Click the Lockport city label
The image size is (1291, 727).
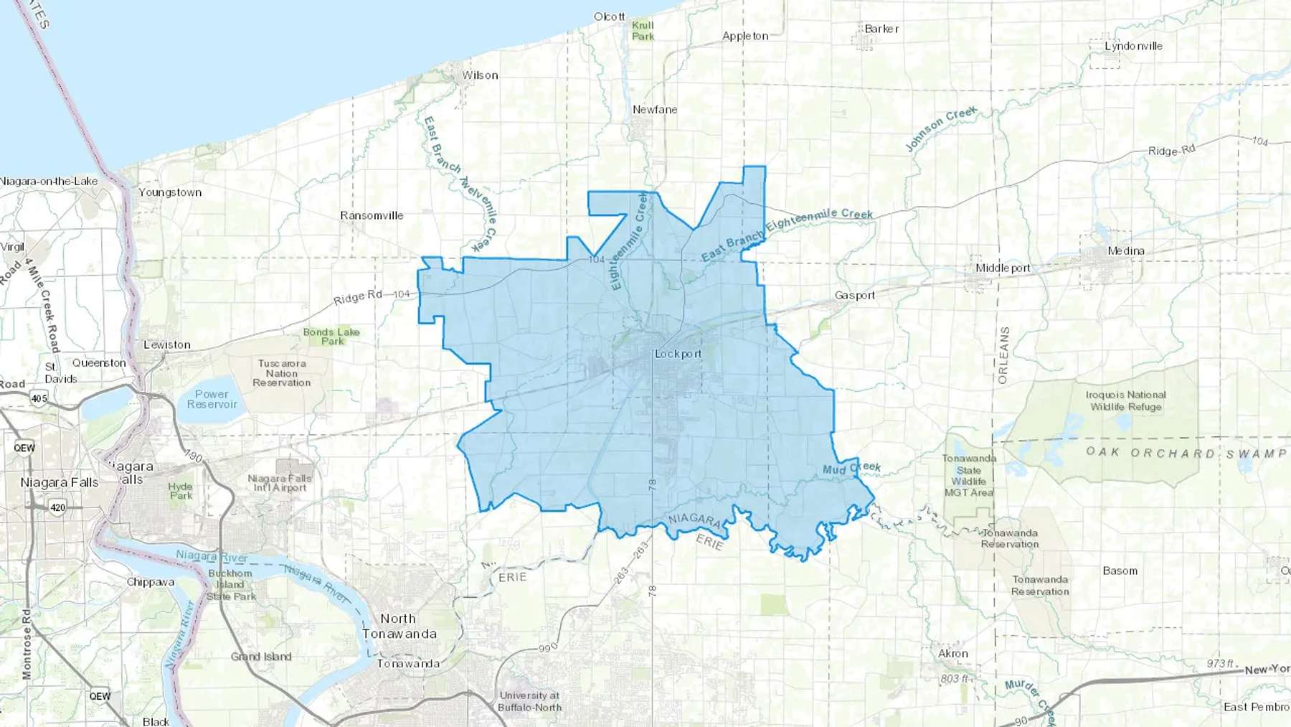click(x=678, y=354)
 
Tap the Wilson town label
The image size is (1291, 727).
click(x=480, y=75)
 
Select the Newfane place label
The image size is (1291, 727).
click(x=655, y=110)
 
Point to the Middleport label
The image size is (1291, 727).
click(x=1003, y=268)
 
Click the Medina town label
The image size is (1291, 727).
click(x=1126, y=250)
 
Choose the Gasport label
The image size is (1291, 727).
click(x=855, y=295)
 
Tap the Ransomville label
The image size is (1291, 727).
click(x=372, y=215)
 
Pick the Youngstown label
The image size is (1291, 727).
click(x=170, y=192)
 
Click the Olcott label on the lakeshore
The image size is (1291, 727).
click(x=610, y=17)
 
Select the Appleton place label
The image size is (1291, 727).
click(x=745, y=36)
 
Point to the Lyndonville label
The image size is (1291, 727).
click(x=1133, y=46)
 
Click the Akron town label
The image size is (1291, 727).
click(x=953, y=654)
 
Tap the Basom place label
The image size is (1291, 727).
click(x=1120, y=571)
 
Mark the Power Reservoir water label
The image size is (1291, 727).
click(x=212, y=399)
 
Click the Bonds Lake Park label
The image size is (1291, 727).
click(x=331, y=337)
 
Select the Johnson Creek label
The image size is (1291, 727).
click(x=940, y=129)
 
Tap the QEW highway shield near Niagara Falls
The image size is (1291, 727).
click(x=24, y=448)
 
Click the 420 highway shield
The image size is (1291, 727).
click(x=57, y=507)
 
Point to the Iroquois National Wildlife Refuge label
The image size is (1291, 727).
click(x=1126, y=400)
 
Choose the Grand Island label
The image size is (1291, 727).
click(x=261, y=657)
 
